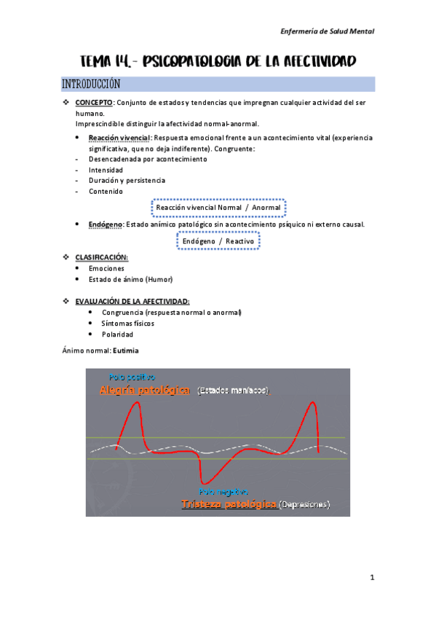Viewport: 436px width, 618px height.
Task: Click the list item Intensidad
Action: point(106,170)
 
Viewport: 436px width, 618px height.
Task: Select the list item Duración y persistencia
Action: point(127,180)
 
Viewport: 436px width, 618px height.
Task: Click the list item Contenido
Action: point(106,191)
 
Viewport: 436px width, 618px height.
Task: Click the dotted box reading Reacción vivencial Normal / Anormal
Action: point(218,208)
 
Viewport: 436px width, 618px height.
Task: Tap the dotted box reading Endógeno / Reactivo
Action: point(218,240)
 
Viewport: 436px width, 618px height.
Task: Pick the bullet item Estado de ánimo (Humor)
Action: point(130,279)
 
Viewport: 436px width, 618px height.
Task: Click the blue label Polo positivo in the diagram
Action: point(132,378)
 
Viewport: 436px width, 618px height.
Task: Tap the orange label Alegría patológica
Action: point(145,391)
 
